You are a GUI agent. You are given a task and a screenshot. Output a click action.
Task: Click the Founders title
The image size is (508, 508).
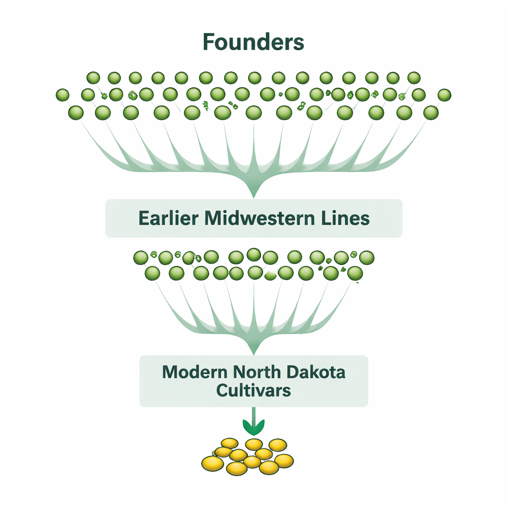254,43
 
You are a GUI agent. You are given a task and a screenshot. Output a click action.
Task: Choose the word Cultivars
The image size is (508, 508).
254,390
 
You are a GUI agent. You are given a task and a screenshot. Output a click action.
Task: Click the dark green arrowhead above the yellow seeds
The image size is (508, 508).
254,426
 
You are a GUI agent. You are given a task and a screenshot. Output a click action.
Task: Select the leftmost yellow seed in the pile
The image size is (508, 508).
212,463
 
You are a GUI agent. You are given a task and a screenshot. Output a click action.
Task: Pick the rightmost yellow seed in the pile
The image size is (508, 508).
284,460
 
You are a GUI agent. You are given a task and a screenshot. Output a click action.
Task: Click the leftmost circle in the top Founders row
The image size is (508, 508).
93,78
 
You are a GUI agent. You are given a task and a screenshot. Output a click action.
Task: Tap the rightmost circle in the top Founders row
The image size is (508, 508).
414,78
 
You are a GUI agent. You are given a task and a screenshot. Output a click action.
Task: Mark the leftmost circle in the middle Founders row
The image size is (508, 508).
63,95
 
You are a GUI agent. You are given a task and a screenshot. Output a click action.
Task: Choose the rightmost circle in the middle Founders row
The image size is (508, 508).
444,95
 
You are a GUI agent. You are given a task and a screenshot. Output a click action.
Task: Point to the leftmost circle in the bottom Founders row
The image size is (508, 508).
76,113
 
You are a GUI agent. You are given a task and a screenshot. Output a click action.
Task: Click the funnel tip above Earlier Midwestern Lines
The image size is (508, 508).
254,194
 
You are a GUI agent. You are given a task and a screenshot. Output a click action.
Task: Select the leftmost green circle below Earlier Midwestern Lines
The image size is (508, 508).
141,257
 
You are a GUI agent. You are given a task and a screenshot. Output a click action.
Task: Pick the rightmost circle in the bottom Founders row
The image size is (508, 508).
431,113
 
